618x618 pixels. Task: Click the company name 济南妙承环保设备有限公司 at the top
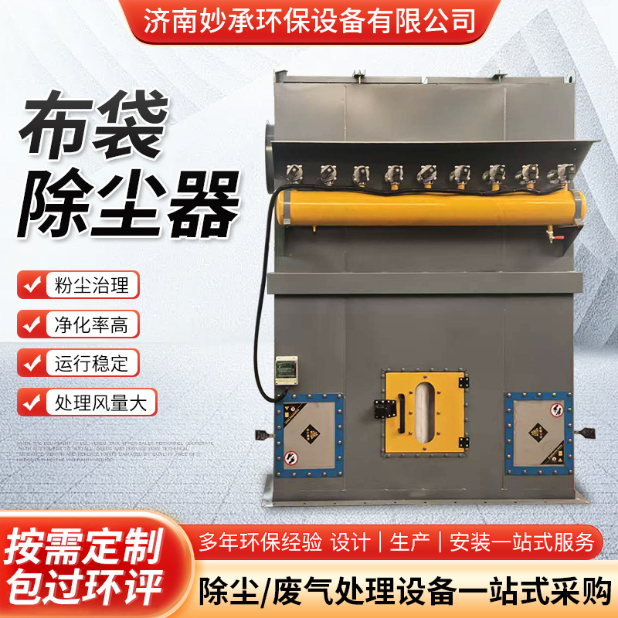click(310, 18)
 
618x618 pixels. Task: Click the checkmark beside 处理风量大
click(32, 402)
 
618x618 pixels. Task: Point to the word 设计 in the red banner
click(351, 542)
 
